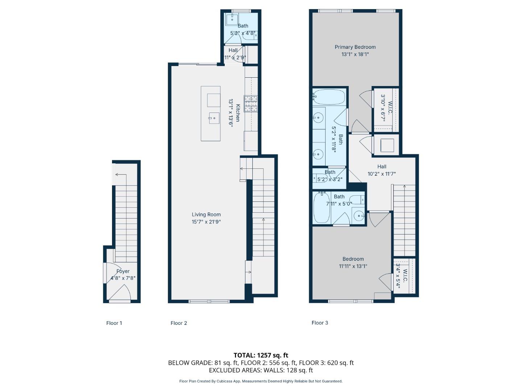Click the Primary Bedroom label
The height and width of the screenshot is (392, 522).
pyautogui.click(x=355, y=47)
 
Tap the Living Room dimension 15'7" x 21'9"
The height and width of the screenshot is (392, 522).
pyautogui.click(x=206, y=222)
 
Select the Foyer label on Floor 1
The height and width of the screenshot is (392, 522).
pyautogui.click(x=123, y=271)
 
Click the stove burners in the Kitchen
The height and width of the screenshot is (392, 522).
pyautogui.click(x=250, y=103)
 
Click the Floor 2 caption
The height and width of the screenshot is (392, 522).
pyautogui.click(x=179, y=323)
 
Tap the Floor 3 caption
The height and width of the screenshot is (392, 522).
pyautogui.click(x=320, y=323)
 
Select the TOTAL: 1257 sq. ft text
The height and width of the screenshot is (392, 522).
pyautogui.click(x=261, y=355)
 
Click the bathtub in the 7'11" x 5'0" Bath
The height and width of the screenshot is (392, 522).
pyautogui.click(x=321, y=208)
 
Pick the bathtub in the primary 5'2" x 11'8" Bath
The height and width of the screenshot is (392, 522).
pyautogui.click(x=329, y=97)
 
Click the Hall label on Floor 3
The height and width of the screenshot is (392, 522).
pyautogui.click(x=381, y=167)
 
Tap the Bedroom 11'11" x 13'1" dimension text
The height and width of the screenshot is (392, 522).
pyautogui.click(x=353, y=266)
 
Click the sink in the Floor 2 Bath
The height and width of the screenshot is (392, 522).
pyautogui.click(x=231, y=20)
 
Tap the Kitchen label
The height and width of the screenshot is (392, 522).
pyautogui.click(x=238, y=113)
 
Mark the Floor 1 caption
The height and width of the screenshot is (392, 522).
pyautogui.click(x=114, y=323)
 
